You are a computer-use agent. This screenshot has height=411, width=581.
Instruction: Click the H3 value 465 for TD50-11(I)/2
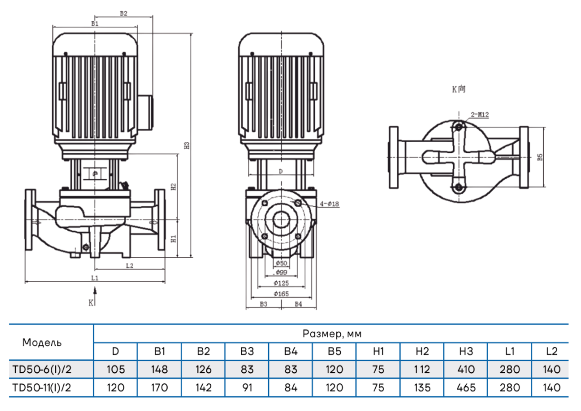coord(466,387)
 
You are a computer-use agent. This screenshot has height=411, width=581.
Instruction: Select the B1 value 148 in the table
coord(159,369)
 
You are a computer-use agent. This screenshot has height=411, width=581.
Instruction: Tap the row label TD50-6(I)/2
coord(42,369)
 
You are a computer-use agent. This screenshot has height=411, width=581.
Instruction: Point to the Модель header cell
coord(42,343)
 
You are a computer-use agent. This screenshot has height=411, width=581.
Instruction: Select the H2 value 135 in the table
coord(422,387)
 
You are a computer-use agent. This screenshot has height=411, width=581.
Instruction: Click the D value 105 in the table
coord(115,369)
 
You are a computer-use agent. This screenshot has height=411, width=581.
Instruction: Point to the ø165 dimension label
coord(281,294)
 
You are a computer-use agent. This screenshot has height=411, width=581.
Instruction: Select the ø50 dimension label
coord(281,263)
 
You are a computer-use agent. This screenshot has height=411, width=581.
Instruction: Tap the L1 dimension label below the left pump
coord(94,278)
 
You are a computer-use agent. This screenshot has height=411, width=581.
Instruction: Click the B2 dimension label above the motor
coord(123,13)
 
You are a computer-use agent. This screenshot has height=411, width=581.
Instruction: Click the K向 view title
coord(459,88)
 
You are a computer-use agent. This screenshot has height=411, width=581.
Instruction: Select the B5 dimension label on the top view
coord(539,157)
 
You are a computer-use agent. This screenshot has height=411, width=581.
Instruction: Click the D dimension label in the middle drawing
coord(280,171)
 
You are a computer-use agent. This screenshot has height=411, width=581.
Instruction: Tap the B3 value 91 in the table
coord(247,387)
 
